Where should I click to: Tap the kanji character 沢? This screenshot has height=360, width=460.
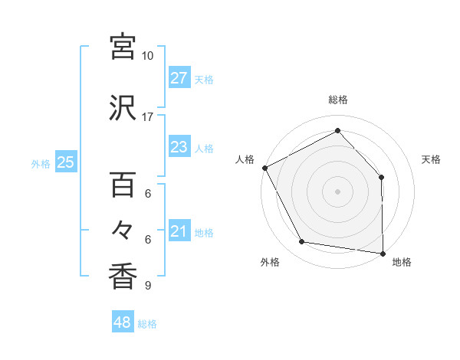123,108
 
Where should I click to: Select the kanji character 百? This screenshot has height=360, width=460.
123,185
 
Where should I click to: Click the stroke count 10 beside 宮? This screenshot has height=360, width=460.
148,56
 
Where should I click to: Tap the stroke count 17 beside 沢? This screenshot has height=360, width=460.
148,117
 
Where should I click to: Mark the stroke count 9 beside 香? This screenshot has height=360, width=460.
148,286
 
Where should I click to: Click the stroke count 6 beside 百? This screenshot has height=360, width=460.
148,194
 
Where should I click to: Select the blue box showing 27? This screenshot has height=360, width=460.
179,78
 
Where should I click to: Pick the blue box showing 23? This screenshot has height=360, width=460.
179,147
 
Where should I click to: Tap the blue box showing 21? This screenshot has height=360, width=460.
179,231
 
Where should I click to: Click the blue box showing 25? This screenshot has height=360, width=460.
65,162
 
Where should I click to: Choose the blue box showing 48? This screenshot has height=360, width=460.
123,322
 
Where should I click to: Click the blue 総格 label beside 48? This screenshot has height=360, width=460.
147,324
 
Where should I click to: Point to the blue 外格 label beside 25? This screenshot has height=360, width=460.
41,163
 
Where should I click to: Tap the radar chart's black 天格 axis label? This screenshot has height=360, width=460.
431,159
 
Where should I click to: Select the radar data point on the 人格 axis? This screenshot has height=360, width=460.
264,168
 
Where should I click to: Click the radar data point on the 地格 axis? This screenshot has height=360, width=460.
383,253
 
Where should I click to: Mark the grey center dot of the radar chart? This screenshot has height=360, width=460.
337,191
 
